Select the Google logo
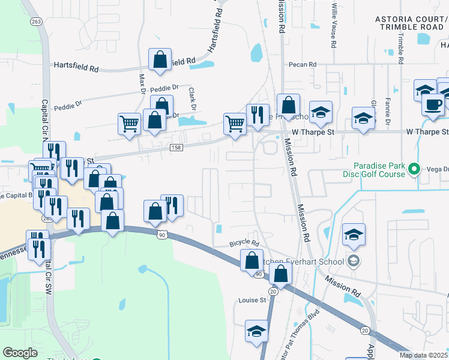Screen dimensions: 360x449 click(x=20, y=353)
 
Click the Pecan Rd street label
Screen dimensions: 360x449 click(x=302, y=64)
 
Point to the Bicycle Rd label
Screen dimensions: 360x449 click(x=244, y=244)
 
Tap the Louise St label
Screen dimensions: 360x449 click(x=252, y=300)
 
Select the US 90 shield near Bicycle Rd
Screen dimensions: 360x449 click(x=258, y=274)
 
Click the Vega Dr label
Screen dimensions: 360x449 click(x=436, y=170)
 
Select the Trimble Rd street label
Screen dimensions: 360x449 click(x=400, y=47)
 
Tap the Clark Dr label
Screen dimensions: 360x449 click(x=192, y=100)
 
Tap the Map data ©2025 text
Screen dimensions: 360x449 click(x=424, y=355)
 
